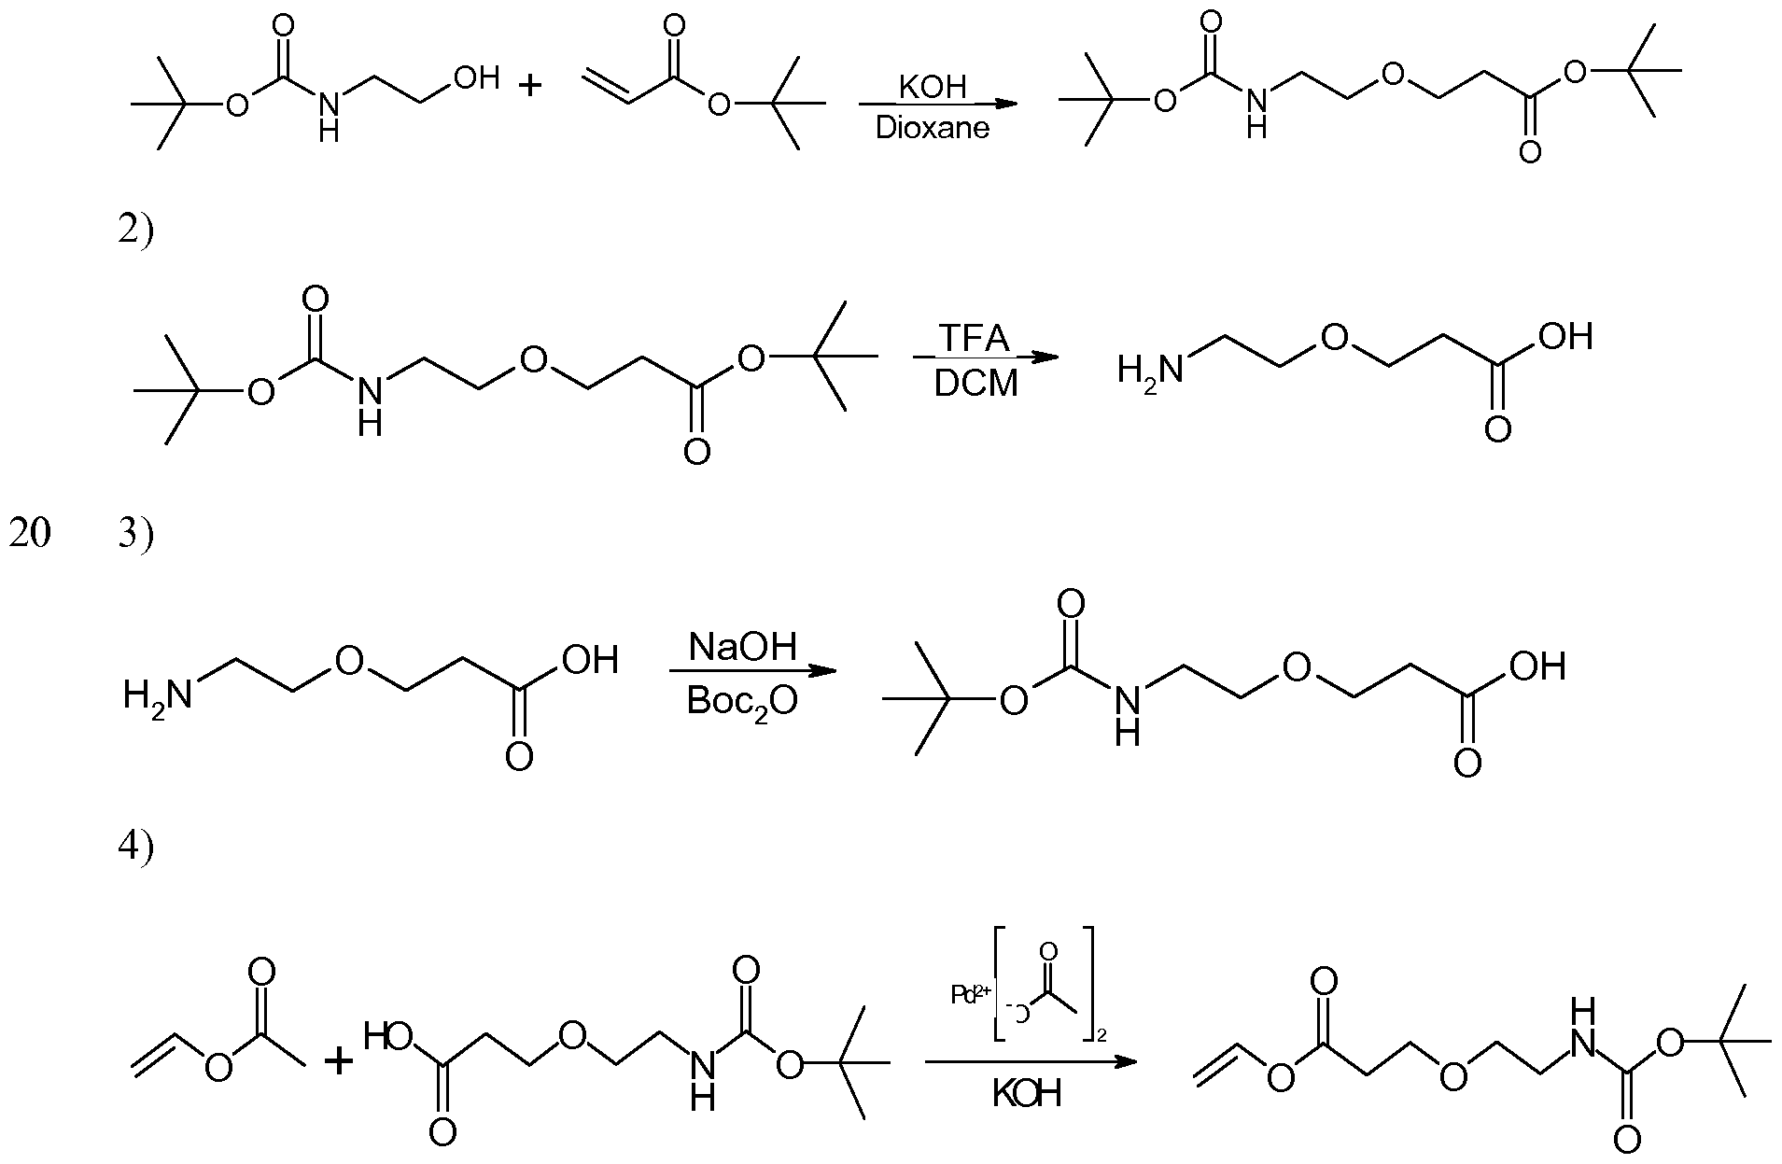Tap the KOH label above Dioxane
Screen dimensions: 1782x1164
pyautogui.click(x=932, y=88)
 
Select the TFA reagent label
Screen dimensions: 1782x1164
pyautogui.click(x=974, y=339)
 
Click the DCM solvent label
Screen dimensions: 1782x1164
pyautogui.click(x=975, y=383)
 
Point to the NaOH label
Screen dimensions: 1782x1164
pyautogui.click(x=743, y=646)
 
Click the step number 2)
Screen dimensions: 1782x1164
pyautogui.click(x=135, y=230)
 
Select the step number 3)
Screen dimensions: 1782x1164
pyautogui.click(x=135, y=536)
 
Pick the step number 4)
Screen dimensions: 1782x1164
pyautogui.click(x=135, y=846)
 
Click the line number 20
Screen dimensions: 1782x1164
pyautogui.click(x=30, y=536)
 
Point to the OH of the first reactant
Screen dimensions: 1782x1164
pyautogui.click(x=476, y=78)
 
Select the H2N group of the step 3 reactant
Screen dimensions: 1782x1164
pyautogui.click(x=157, y=694)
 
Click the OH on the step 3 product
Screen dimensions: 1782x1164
pyautogui.click(x=1536, y=666)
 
